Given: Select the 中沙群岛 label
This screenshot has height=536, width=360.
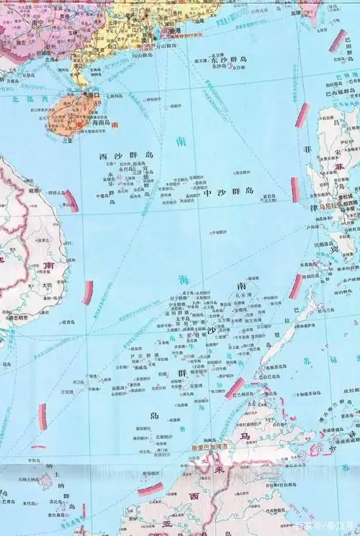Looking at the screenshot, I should (228, 192).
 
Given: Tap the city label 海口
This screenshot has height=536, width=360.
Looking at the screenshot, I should (92, 94).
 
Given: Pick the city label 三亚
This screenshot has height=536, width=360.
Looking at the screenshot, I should (67, 141).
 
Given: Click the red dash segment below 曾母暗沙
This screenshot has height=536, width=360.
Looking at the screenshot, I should (150, 489).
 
